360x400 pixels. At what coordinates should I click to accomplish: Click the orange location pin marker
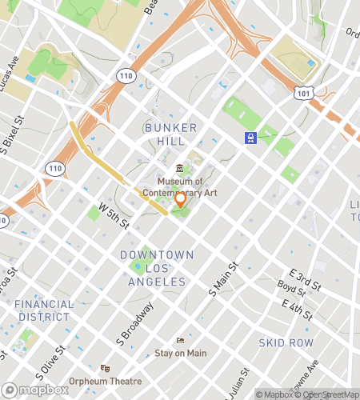pyautogui.click(x=181, y=200)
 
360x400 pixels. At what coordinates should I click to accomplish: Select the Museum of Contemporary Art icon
pyautogui.click(x=180, y=168)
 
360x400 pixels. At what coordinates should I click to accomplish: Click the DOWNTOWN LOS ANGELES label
pyautogui.click(x=157, y=268)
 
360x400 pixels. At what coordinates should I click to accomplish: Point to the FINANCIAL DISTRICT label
pyautogui.click(x=44, y=310)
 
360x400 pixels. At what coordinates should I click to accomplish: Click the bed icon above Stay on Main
pyautogui.click(x=180, y=340)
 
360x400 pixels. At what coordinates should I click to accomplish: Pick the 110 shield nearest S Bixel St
pyautogui.click(x=55, y=168)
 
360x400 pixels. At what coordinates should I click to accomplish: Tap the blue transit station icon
pyautogui.click(x=251, y=138)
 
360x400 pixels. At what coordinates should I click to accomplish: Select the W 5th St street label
pyautogui.click(x=114, y=214)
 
